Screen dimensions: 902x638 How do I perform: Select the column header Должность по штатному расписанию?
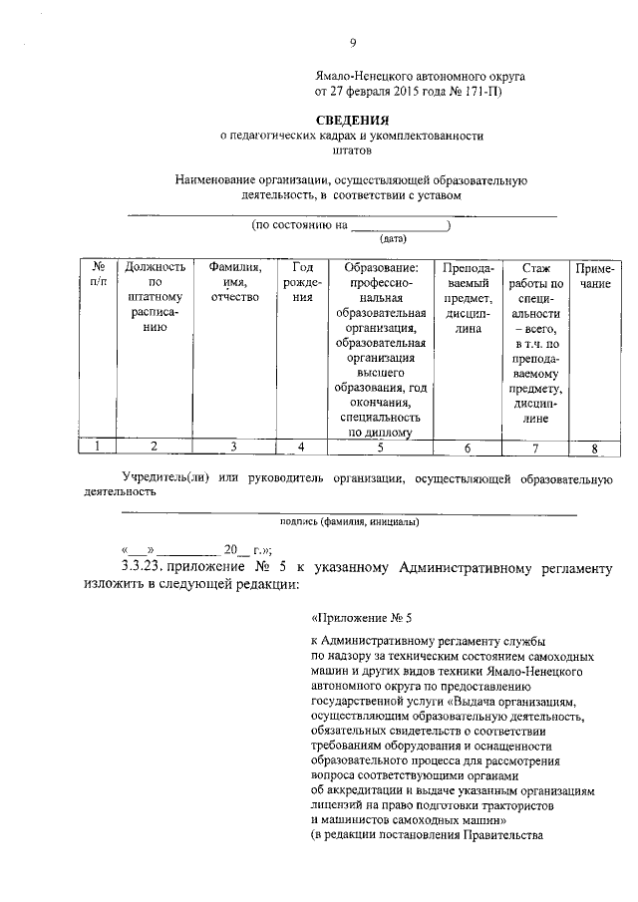[x=153, y=302]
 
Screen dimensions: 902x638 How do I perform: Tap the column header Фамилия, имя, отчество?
[x=235, y=282]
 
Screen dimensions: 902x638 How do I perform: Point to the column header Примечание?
[x=594, y=276]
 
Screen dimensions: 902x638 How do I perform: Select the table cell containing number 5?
[x=380, y=448]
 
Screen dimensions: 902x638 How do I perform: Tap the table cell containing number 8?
[x=594, y=448]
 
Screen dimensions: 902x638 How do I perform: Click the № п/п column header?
[x=99, y=275]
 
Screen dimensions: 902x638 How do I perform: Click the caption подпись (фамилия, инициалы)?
[x=349, y=521]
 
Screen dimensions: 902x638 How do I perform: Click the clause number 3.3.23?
[x=142, y=566]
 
